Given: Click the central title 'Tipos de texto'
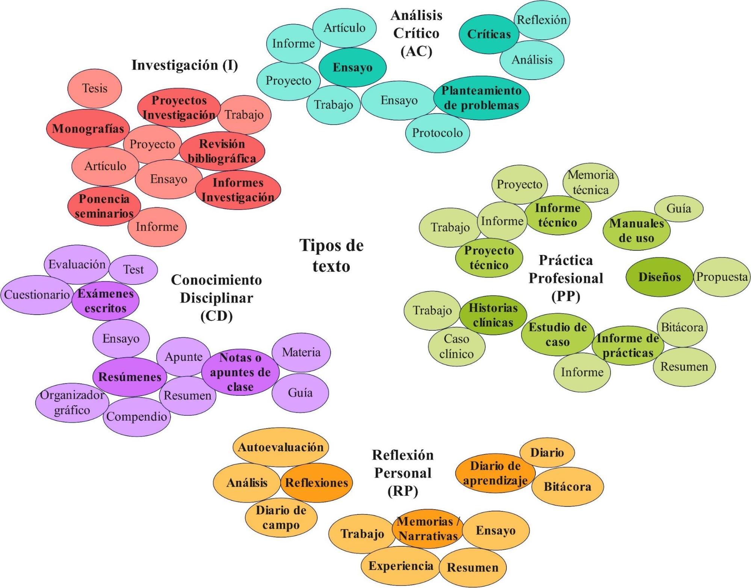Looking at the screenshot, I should (331, 256).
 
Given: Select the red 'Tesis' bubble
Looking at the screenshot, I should (95, 89).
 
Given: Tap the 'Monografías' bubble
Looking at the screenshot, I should (88, 129).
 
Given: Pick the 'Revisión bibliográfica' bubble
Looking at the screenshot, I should (222, 151).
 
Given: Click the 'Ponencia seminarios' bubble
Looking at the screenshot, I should (104, 206).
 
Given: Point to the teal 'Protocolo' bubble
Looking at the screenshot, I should (437, 133).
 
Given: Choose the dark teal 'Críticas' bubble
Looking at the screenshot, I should (489, 34).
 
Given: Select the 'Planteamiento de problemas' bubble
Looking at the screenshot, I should (481, 98).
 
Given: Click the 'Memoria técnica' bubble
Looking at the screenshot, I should (591, 182).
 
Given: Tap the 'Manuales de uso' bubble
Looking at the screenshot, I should (636, 231).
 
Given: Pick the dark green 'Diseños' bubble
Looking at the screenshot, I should (659, 277).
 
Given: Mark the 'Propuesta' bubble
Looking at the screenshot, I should (722, 277).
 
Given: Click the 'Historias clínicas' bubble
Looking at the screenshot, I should (493, 315).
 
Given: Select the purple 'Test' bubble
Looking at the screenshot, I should (134, 270).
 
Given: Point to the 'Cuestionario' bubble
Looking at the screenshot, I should (37, 295).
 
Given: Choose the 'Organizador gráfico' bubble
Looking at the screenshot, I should (72, 403).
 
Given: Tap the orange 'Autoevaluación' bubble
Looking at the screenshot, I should (281, 448).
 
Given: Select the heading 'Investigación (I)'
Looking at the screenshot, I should (184, 65).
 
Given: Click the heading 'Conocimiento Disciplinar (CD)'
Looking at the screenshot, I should (216, 298).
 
